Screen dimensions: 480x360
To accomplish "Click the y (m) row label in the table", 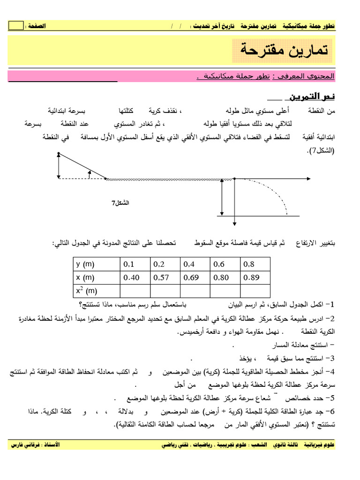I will (96, 264).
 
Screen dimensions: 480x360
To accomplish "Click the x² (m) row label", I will (96, 291).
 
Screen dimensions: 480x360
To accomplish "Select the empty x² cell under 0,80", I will (225, 291).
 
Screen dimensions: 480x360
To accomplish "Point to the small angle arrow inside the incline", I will (89, 174).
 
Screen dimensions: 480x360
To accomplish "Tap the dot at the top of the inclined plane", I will (58, 154).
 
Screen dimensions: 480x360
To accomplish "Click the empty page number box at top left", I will (15, 26).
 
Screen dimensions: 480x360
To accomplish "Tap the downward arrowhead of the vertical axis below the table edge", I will (234, 224).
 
